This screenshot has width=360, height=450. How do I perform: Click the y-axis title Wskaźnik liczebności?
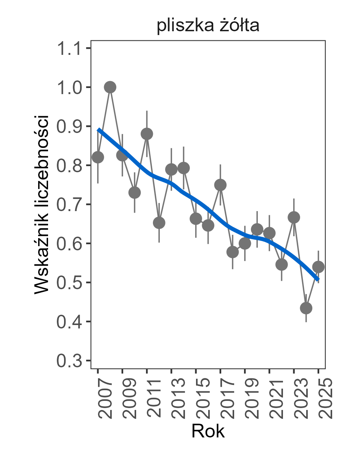[x=42, y=204]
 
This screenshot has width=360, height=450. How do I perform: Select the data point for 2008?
[x=110, y=87]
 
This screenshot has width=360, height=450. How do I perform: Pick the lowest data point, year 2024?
[x=306, y=308]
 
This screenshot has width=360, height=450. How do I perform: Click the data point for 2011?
[x=147, y=134]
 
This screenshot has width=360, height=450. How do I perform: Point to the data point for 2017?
[x=220, y=185]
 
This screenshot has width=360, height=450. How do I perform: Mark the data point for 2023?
[x=294, y=217]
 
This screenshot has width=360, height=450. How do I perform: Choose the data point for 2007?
[x=98, y=157]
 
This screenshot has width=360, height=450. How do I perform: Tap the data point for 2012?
[x=159, y=223]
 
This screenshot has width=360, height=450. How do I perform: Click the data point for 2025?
[x=318, y=267]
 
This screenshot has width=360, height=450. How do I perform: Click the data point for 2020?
[x=257, y=230]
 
